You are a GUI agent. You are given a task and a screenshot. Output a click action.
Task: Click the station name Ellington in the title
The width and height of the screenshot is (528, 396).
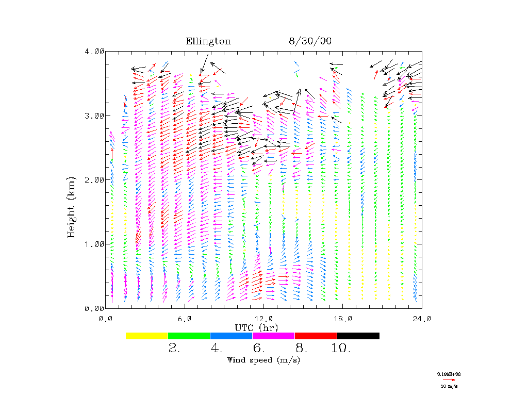coord(208,42)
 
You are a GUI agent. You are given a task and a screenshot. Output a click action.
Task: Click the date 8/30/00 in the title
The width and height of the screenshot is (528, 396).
coord(310,42)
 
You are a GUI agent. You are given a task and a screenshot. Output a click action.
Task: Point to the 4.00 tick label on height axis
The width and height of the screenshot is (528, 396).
coord(94,52)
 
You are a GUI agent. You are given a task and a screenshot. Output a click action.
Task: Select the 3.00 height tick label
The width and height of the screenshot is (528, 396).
coord(94,115)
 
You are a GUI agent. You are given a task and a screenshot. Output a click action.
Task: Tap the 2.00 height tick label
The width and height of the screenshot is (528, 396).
coord(94,179)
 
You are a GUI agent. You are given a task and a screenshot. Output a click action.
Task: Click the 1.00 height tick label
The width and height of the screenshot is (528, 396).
coord(94,244)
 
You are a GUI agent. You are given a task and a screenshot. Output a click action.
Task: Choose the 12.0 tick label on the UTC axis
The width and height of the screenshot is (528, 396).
coord(264,318)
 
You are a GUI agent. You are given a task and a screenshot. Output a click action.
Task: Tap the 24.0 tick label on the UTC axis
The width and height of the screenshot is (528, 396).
coord(422,318)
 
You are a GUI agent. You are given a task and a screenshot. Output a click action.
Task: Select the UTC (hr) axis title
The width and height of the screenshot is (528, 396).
coord(257,327)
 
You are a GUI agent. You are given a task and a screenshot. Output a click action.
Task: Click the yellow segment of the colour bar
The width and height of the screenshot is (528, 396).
coord(147,336)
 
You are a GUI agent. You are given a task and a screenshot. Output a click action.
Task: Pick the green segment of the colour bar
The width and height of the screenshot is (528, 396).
coord(189,336)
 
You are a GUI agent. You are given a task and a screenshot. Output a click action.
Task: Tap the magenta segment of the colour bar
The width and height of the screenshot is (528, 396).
coord(274,336)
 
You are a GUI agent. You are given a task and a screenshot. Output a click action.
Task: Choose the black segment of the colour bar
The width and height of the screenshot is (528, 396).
coord(358,336)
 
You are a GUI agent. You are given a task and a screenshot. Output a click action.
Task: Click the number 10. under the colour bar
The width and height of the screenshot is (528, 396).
coord(341,349)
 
